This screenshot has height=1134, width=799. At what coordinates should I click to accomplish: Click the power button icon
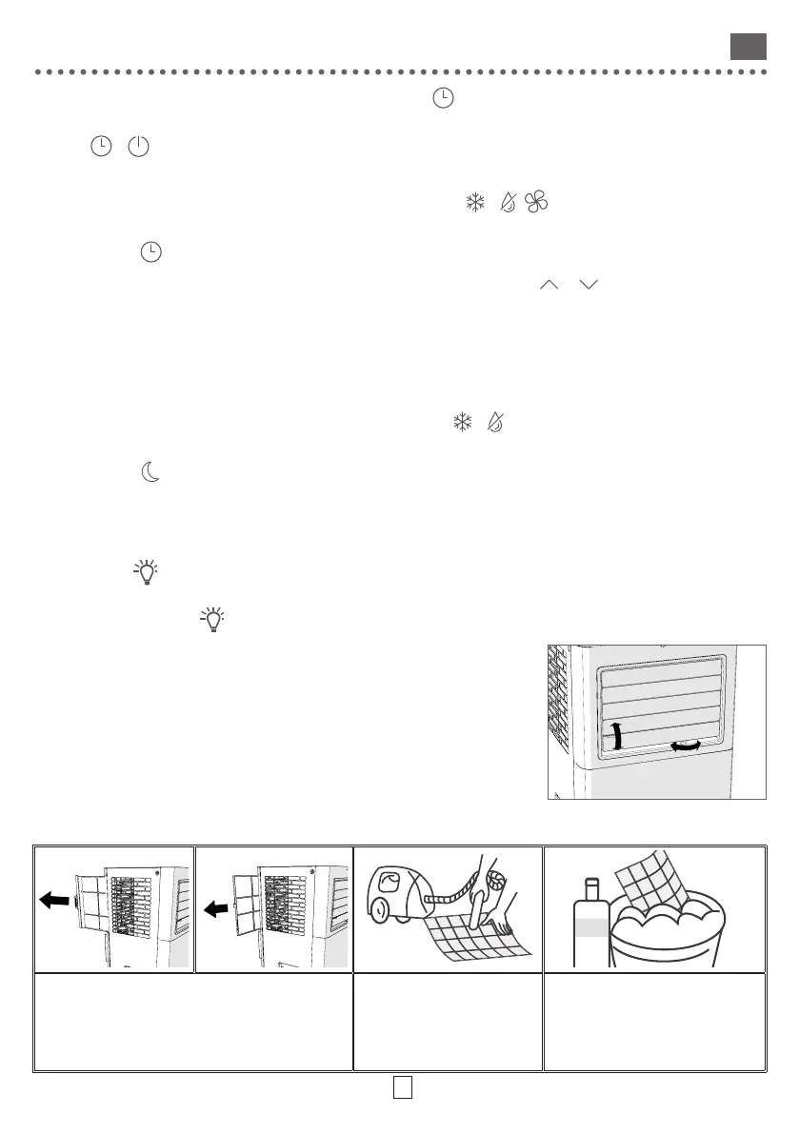point(139,147)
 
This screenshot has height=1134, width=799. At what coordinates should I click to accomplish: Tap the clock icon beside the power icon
point(99,147)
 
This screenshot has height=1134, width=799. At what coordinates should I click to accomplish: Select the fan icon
point(536,202)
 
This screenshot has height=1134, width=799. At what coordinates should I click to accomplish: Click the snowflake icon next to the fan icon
point(473,202)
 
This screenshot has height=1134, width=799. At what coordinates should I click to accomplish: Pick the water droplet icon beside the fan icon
point(506,202)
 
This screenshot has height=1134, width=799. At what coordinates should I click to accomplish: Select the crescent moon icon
point(150,473)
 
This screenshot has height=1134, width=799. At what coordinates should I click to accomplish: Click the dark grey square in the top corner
point(748,47)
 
